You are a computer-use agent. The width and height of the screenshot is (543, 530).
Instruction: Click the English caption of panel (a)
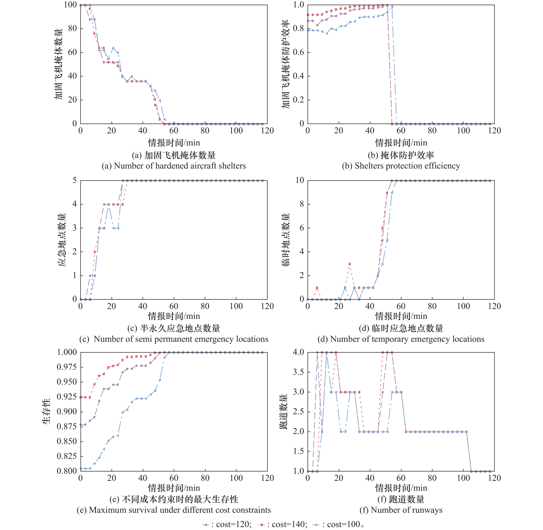point(174,166)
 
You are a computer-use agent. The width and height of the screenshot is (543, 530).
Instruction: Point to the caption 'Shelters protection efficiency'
point(401,166)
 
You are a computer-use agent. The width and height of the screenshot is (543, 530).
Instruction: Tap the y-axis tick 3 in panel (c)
point(74,228)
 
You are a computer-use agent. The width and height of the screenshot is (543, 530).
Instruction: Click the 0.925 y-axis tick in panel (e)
point(67,397)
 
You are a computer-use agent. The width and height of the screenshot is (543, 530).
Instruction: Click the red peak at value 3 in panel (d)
point(350,264)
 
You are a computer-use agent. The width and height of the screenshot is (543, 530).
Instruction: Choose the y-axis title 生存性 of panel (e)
point(46,411)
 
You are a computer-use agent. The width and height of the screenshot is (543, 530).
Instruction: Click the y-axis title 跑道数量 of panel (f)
point(283,411)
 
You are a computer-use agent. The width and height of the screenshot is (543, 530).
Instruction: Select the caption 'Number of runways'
point(401,510)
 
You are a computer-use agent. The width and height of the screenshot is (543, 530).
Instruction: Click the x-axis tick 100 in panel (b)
point(463,131)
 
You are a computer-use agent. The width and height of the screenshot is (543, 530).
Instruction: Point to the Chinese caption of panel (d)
point(401,328)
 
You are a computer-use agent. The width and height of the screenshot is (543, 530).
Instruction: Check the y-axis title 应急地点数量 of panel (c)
point(62,240)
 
